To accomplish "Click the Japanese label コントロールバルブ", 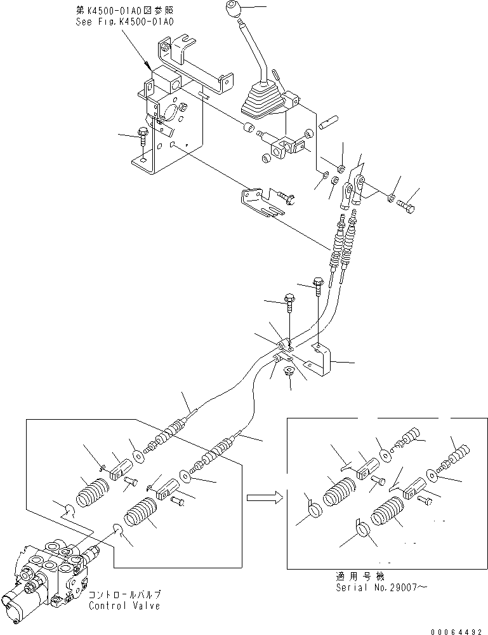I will tap(124, 595).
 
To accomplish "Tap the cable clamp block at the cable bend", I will tap(285, 345).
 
